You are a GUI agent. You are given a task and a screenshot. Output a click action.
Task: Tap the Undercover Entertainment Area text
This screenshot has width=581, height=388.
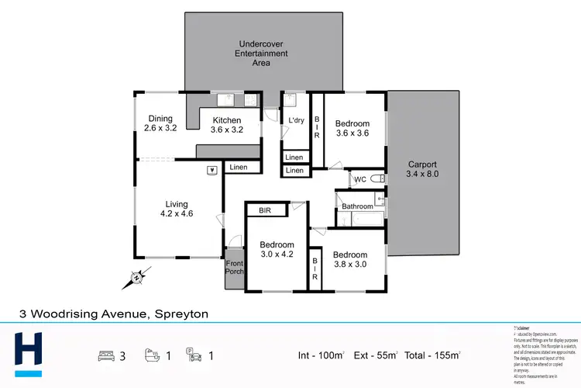261,54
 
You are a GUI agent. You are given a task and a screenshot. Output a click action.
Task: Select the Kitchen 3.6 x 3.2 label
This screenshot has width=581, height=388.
227,125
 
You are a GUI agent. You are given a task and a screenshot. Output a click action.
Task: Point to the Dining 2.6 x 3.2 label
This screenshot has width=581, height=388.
160,123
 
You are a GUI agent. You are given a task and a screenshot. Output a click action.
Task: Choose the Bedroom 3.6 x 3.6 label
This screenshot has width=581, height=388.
352,128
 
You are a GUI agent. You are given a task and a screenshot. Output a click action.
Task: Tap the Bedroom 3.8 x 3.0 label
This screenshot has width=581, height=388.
349,259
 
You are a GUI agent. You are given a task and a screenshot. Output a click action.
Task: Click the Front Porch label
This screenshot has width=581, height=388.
234,268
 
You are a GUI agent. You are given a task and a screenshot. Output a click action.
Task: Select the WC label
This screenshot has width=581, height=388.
359,180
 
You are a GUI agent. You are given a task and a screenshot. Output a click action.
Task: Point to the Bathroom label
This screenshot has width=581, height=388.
358,206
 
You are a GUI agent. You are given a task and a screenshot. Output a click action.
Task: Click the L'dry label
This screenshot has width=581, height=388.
295,121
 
